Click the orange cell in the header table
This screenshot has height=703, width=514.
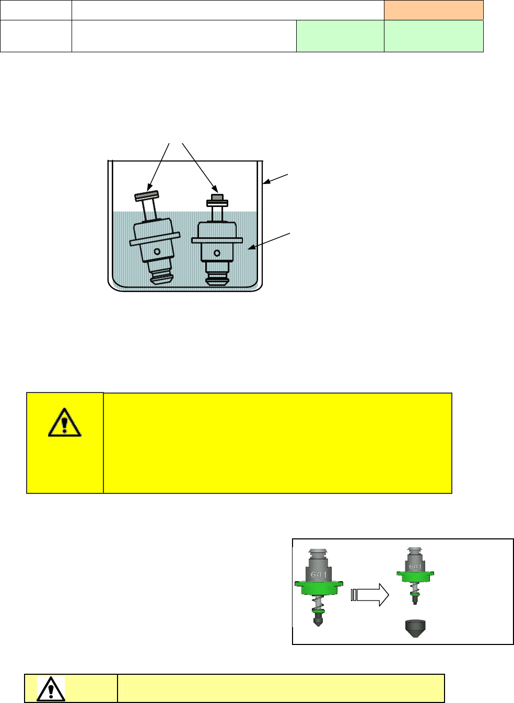[434, 10]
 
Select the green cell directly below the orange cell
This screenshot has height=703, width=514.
[434, 36]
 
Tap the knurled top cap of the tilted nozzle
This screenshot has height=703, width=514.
[147, 196]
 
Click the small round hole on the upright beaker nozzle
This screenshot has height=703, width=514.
[217, 253]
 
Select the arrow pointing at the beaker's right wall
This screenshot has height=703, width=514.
[275, 178]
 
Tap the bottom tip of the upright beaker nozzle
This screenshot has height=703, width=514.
[216, 281]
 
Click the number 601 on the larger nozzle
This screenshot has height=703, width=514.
[319, 574]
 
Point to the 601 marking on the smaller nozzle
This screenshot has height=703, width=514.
[415, 566]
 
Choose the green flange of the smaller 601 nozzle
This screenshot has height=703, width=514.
[415, 577]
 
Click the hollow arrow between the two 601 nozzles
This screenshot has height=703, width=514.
[369, 594]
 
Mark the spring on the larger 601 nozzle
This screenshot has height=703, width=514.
[318, 607]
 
